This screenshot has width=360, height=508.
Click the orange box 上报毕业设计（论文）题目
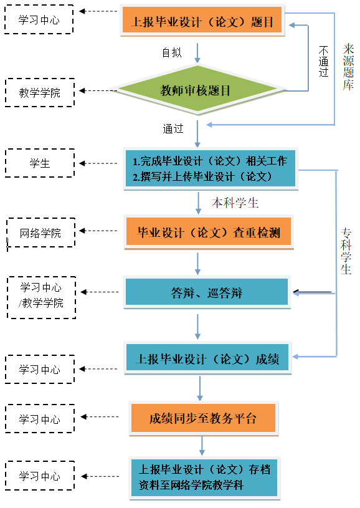(x=202, y=20)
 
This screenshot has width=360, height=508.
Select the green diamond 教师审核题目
(x=198, y=90)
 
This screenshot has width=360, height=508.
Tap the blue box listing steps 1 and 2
(x=211, y=168)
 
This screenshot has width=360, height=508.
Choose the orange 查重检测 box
(x=209, y=232)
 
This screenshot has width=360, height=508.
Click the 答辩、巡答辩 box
(x=207, y=292)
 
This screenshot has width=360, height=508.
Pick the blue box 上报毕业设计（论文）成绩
(x=207, y=358)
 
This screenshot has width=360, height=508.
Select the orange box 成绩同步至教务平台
(x=203, y=418)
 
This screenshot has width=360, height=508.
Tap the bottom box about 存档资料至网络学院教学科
(x=204, y=478)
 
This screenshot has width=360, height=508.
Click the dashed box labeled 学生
(x=40, y=163)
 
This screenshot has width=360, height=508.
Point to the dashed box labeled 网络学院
(x=40, y=232)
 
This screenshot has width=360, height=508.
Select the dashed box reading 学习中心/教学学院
(x=42, y=297)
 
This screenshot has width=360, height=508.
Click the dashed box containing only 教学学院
(x=40, y=93)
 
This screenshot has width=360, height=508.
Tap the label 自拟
(x=172, y=52)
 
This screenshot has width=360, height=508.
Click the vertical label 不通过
(x=323, y=61)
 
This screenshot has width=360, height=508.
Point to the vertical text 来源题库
(x=348, y=67)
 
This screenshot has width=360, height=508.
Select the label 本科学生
(x=235, y=203)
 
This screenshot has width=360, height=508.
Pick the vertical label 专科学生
(x=346, y=251)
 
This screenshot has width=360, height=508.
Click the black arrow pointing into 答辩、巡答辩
(x=312, y=292)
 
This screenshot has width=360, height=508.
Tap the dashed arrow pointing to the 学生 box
(x=98, y=163)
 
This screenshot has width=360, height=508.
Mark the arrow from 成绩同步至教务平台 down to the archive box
(x=202, y=446)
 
